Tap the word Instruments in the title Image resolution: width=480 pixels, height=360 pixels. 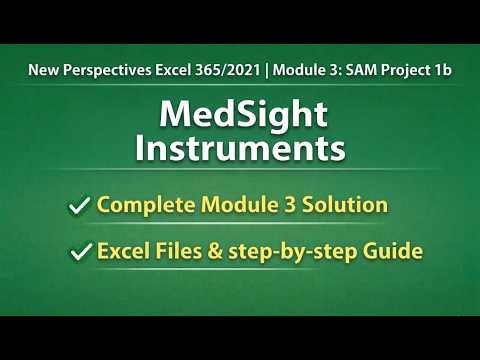pos(240,150)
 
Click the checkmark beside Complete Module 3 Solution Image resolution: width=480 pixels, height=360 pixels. pos(79,207)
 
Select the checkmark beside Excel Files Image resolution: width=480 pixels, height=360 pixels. pos(79,254)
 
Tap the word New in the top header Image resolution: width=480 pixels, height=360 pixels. pos(42,72)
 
